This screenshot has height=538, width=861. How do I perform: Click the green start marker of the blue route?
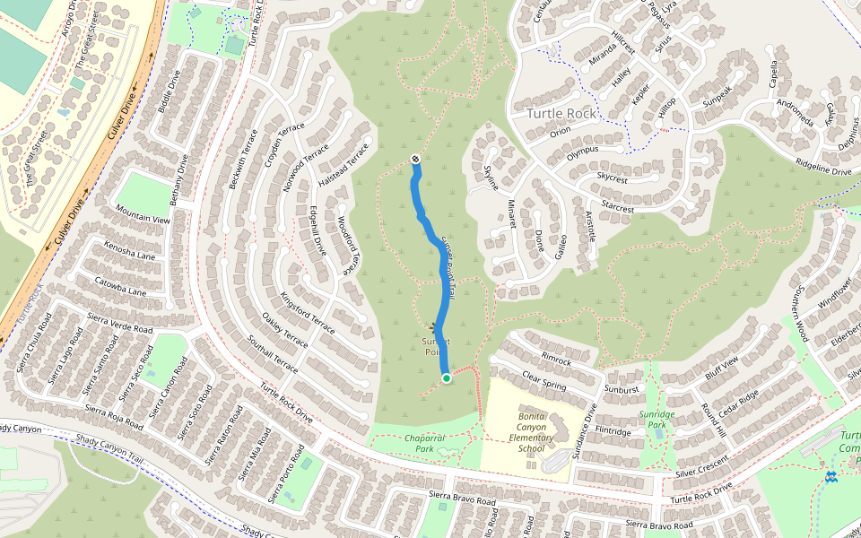tap(446, 378)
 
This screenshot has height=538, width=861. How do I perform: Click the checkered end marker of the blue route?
tap(415, 160)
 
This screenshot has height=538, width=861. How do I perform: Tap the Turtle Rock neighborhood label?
tap(561, 114)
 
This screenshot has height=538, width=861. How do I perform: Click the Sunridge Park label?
tap(657, 420)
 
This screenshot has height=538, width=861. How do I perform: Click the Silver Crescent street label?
tap(701, 466)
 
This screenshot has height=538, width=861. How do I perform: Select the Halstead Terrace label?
tap(344, 165)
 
